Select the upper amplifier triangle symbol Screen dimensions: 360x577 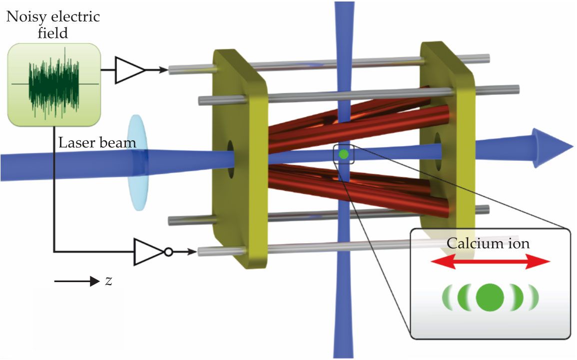click(129, 70)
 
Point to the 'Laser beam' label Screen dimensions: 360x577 click(97, 143)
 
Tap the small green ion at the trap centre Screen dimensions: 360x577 click(343, 154)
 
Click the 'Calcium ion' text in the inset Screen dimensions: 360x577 click(487, 244)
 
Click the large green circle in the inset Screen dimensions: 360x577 click(488, 298)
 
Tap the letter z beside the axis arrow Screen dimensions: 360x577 click(108, 281)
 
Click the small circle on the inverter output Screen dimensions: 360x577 click(168, 252)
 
